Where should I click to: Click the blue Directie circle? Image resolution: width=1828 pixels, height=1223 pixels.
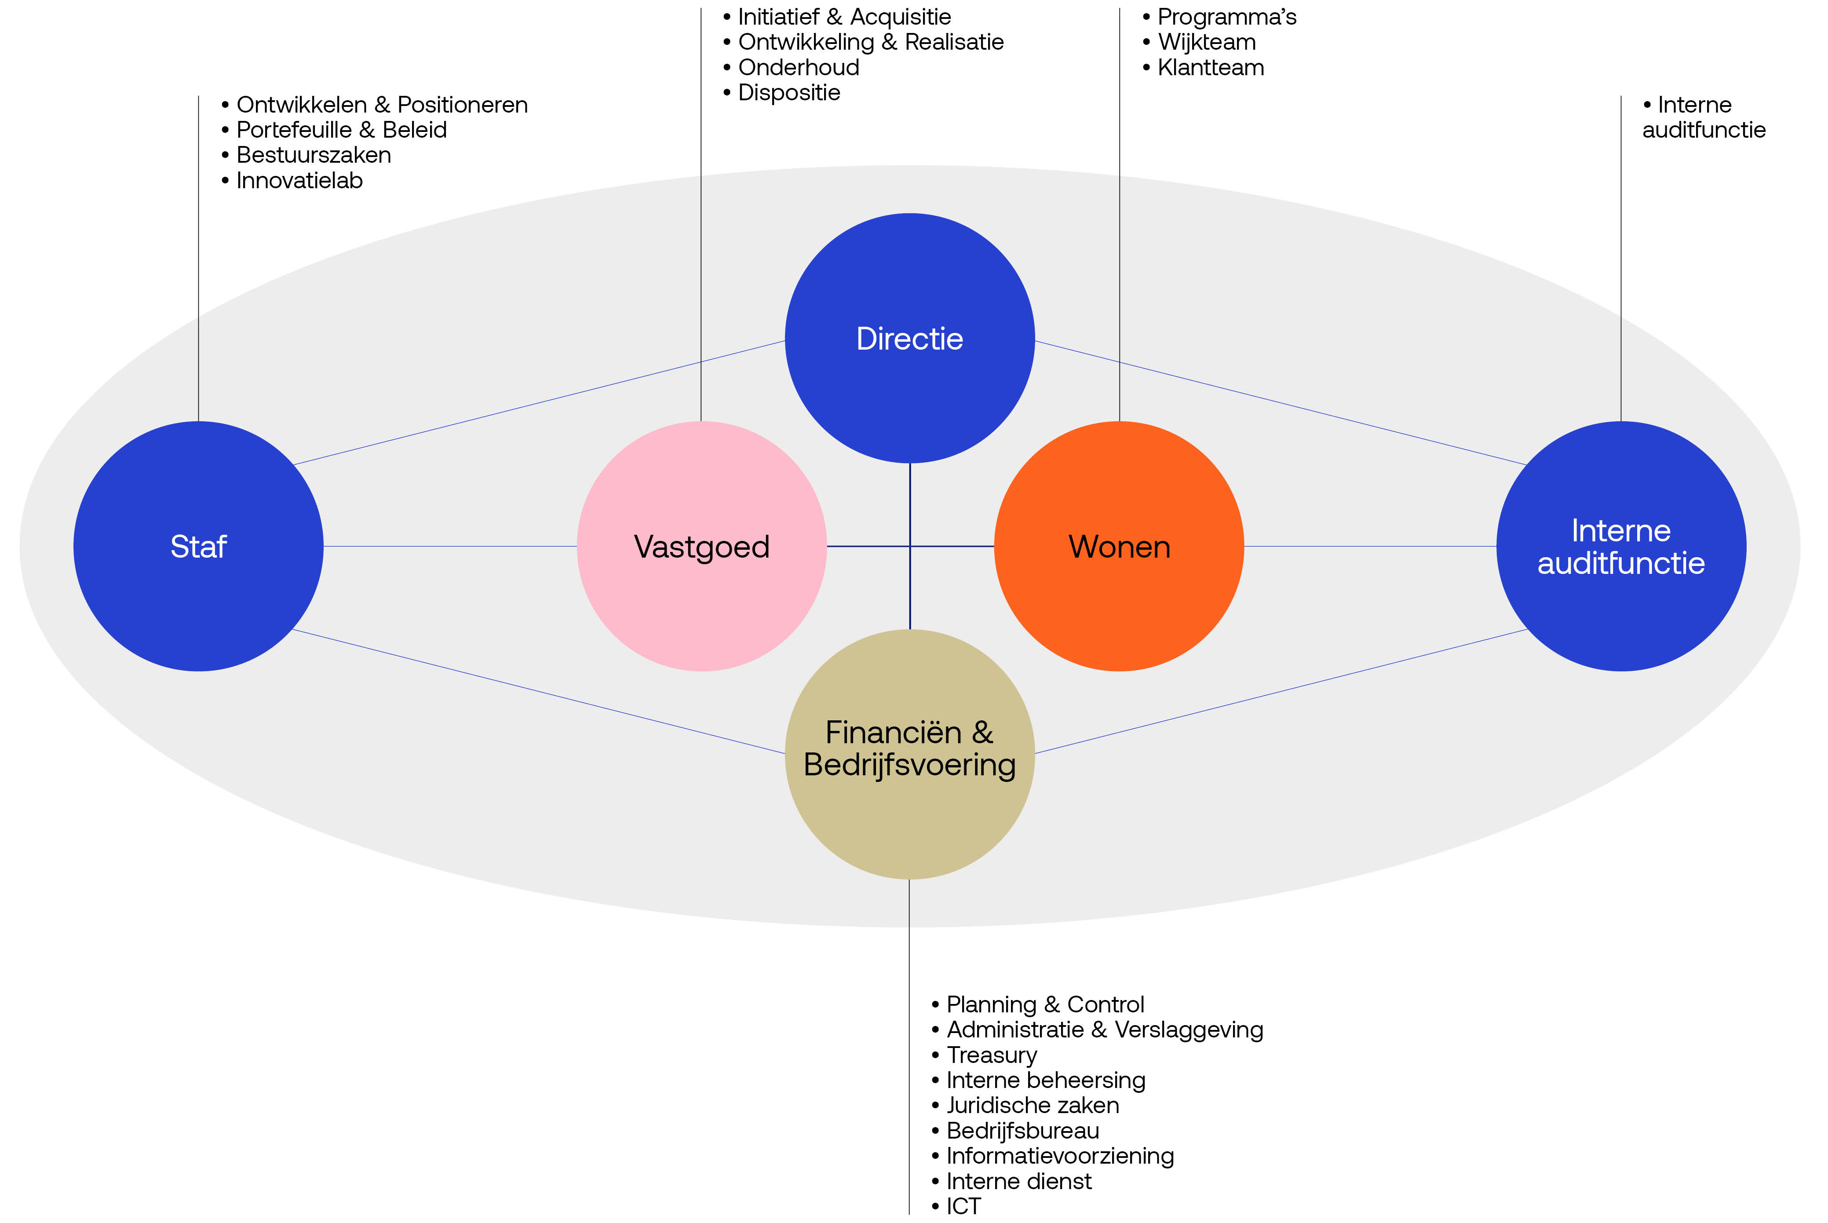click(x=909, y=339)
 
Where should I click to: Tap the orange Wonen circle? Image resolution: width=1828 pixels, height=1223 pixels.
click(x=1119, y=546)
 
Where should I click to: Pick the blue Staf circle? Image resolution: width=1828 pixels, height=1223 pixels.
click(x=198, y=546)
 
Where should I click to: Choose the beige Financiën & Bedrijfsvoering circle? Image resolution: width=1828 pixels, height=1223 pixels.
click(x=909, y=753)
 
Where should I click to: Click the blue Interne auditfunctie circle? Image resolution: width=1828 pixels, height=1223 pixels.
click(x=1620, y=546)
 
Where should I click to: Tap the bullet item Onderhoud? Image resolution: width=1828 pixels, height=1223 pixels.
click(x=798, y=68)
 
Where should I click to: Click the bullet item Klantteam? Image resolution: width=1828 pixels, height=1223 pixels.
click(x=1210, y=68)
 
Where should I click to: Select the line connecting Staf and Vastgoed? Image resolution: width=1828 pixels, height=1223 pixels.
click(x=450, y=547)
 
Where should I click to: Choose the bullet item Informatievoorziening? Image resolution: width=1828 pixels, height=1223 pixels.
click(x=1060, y=1156)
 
